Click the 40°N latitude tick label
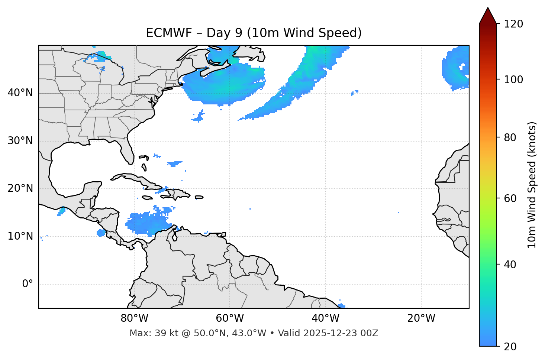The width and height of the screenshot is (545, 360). [20, 93]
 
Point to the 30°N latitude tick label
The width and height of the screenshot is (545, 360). [20, 141]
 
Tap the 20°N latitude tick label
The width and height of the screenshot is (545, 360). [20, 188]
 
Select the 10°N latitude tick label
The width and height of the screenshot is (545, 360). [20, 236]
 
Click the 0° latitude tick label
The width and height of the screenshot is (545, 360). [27, 284]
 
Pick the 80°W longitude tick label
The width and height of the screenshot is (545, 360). [134, 318]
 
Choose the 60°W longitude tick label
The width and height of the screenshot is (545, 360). [230, 318]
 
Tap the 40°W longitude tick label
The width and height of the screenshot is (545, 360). [325, 318]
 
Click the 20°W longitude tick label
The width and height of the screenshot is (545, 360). [421, 318]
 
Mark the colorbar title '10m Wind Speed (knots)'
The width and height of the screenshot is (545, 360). [532, 185]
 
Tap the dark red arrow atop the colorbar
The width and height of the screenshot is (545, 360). [488, 16]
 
